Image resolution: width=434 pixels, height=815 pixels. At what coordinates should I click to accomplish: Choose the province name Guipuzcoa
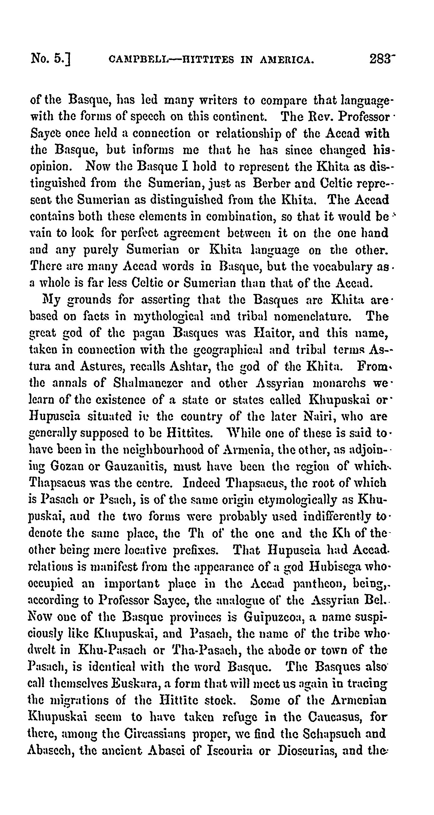click(274, 616)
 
